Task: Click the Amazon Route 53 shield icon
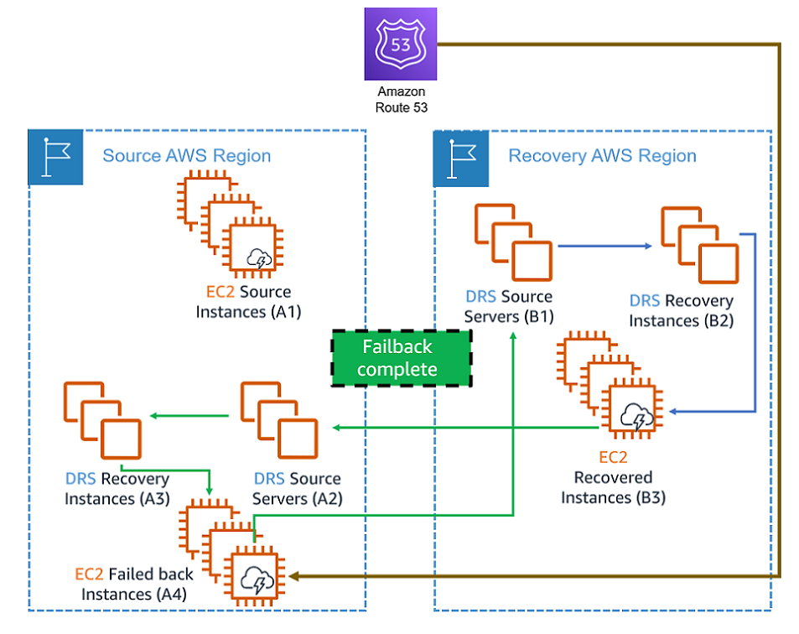401,44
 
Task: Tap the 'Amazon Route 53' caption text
401,99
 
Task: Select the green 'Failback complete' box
400,358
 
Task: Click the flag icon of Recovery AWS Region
460,158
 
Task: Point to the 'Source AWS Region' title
186,156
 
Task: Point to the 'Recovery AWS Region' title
602,156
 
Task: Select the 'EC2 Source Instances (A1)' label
247,302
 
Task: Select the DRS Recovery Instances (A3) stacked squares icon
101,420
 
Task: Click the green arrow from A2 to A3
190,416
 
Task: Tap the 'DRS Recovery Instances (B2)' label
681,310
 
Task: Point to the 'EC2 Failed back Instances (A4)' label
134,585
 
